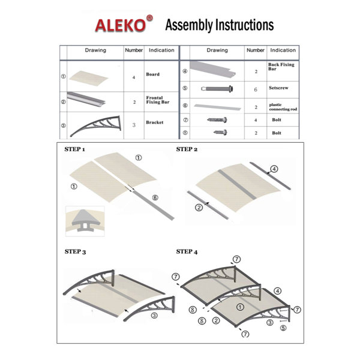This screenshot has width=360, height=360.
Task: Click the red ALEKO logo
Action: (119, 25)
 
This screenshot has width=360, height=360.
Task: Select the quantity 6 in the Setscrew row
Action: (256, 88)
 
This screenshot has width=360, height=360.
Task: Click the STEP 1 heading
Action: (75, 148)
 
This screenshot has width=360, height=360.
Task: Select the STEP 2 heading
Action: (186, 148)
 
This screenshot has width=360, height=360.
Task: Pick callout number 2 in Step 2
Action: (199, 208)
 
